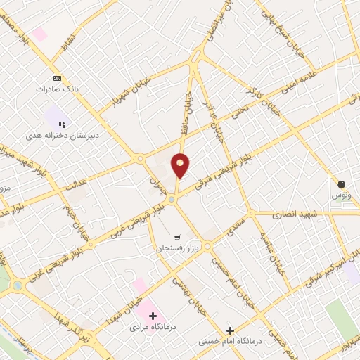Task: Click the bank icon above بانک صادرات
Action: click(x=57, y=78)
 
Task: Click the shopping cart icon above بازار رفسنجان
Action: click(x=177, y=238)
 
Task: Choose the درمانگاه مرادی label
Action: click(x=146, y=328)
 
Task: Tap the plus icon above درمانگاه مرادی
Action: click(x=153, y=316)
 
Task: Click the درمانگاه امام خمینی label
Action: click(x=230, y=341)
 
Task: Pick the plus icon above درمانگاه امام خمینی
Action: click(x=230, y=330)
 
